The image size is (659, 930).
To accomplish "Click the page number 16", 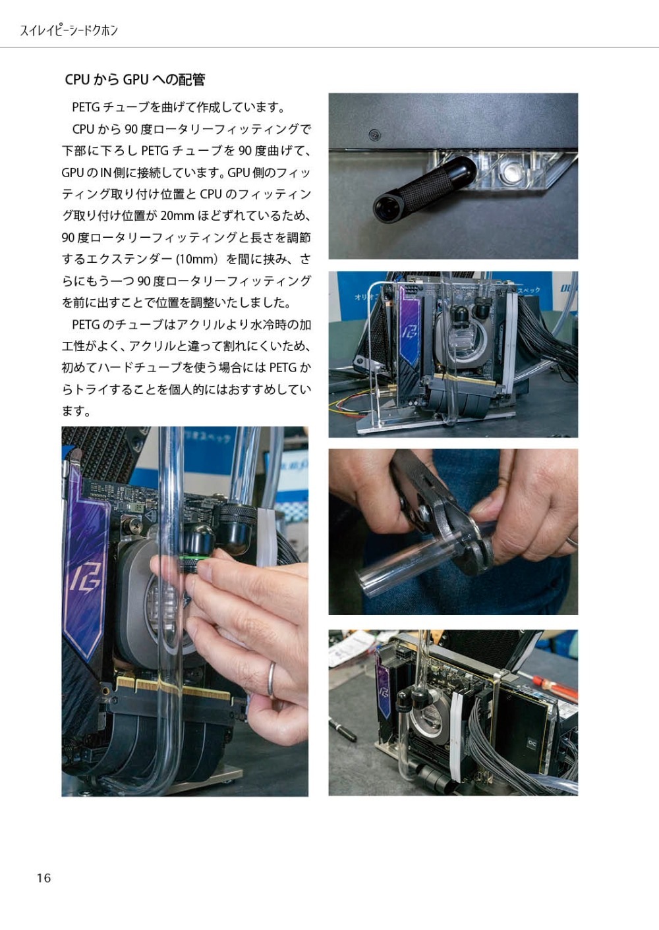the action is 43,878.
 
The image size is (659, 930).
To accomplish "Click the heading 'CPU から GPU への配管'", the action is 135,79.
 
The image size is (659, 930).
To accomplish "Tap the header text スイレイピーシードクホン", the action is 69,30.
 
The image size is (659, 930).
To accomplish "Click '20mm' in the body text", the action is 177,216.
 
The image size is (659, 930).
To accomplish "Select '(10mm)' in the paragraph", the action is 196,260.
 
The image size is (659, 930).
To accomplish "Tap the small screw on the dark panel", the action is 375,134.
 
